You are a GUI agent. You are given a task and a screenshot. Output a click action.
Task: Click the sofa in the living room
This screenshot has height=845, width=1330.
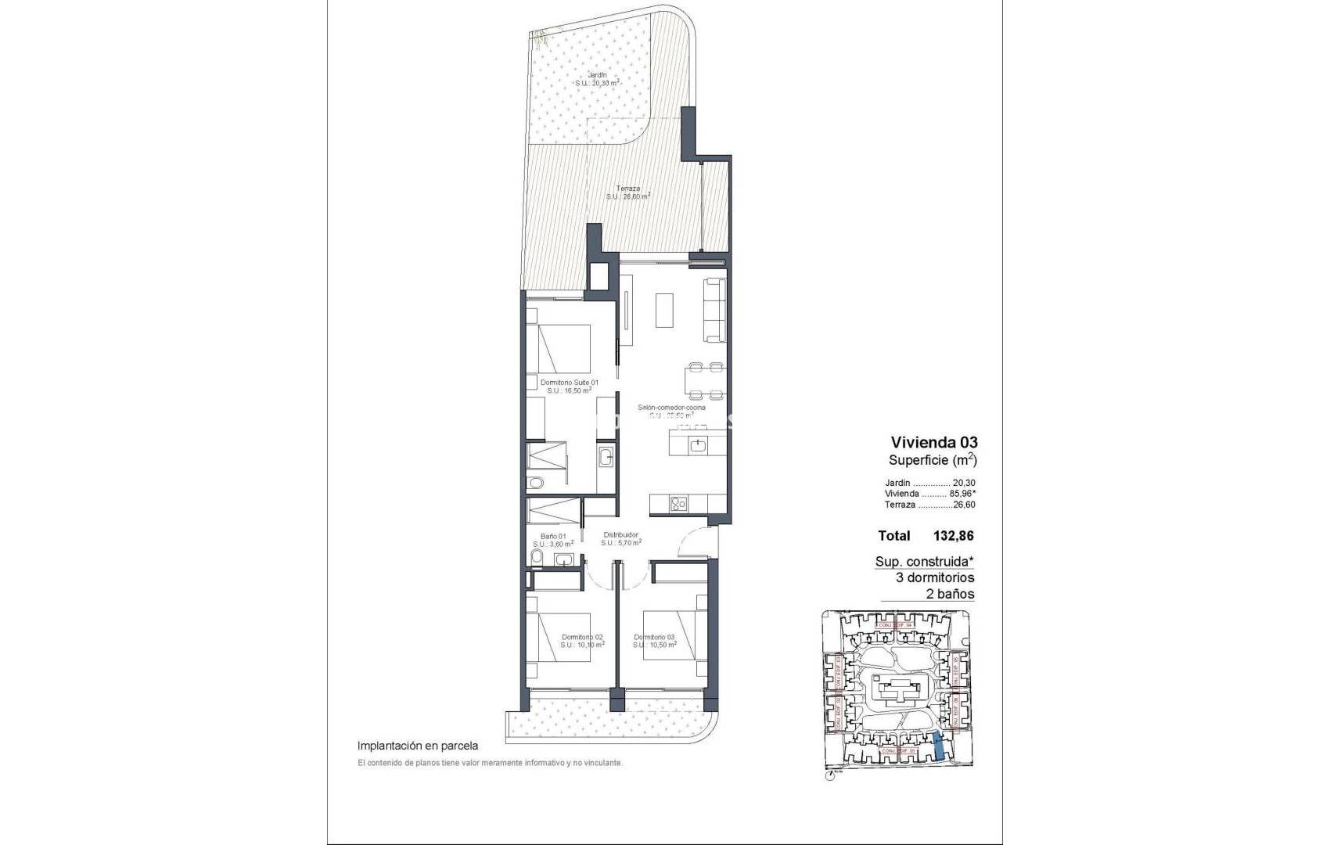(x=714, y=310)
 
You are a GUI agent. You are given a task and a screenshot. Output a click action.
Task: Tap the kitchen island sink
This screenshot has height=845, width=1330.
(x=698, y=445)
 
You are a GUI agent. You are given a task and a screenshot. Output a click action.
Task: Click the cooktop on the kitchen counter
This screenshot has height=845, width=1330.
(x=678, y=505)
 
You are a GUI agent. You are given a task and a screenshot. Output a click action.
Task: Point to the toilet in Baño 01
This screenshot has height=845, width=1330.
(x=536, y=557)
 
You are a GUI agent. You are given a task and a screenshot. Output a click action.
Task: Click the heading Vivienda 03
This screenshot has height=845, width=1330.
(x=934, y=442)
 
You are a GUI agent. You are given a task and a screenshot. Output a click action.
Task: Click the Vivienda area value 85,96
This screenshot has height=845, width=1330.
(x=962, y=494)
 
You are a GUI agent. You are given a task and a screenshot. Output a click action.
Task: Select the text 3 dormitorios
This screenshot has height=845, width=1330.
(x=935, y=577)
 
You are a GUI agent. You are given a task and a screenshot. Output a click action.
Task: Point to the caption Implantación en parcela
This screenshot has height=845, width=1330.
(x=417, y=746)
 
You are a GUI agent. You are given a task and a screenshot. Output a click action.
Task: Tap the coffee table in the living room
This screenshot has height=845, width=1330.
(x=664, y=311)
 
